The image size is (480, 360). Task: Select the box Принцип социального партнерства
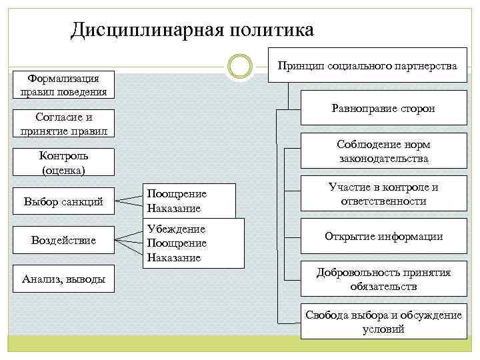point(367,65)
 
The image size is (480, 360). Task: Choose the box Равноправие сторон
point(383,108)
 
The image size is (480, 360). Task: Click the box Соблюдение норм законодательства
point(383,151)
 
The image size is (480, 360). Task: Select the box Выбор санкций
point(64,201)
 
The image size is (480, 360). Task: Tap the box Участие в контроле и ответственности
point(383,194)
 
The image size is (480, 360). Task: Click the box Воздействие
point(64,240)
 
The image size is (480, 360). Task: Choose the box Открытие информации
point(383,237)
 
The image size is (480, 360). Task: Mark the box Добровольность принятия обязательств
point(383,279)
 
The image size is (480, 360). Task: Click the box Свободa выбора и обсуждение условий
point(383,322)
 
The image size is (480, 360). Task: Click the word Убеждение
point(176,229)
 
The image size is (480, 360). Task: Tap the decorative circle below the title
point(239,66)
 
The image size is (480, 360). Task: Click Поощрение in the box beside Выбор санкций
point(177,193)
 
